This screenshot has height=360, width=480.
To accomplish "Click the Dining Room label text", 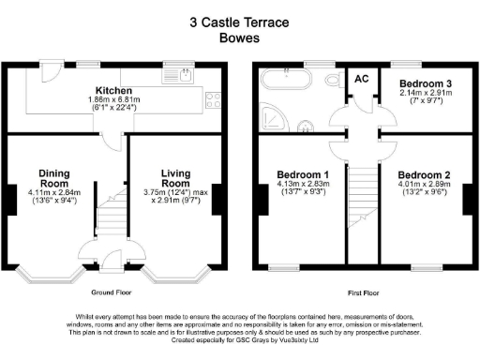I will tap(55, 179).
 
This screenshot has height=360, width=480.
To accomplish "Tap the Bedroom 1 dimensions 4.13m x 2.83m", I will tap(302, 186).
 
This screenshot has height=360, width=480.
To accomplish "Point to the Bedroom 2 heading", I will tap(427, 175).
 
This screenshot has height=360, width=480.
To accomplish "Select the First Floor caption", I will tap(360, 292).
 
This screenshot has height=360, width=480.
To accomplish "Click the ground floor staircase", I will tap(111, 216).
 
